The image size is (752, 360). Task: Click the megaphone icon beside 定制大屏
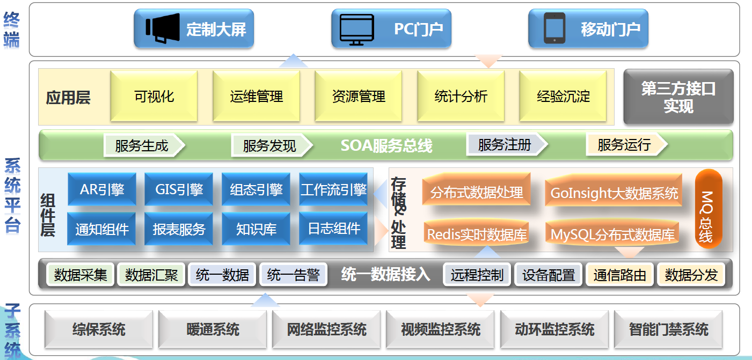pyautogui.click(x=163, y=28)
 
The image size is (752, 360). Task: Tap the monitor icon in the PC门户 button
pyautogui.click(x=356, y=30)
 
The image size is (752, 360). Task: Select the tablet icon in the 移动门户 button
pyautogui.click(x=554, y=28)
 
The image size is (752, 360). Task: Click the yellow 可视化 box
pyautogui.click(x=154, y=96)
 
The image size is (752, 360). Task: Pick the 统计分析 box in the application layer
pyautogui.click(x=461, y=96)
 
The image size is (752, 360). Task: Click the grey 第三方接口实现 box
pyautogui.click(x=678, y=97)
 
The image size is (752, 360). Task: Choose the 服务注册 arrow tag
pyautogui.click(x=507, y=145)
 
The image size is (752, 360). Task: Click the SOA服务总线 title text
pyautogui.click(x=386, y=146)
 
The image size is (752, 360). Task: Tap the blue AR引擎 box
pyautogui.click(x=102, y=189)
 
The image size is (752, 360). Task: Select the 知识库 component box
pyautogui.click(x=256, y=229)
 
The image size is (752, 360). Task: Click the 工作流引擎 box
pyautogui.click(x=333, y=189)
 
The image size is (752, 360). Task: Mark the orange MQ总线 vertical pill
pyautogui.click(x=709, y=209)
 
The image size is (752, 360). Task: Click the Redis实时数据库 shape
pyautogui.click(x=477, y=234)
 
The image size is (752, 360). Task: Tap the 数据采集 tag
pyautogui.click(x=81, y=275)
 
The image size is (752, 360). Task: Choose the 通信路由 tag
pyautogui.click(x=620, y=275)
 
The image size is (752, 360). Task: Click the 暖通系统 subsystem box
pyautogui.click(x=213, y=329)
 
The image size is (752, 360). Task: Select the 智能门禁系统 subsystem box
pyautogui.click(x=668, y=329)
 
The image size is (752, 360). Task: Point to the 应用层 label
pyautogui.click(x=68, y=98)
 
